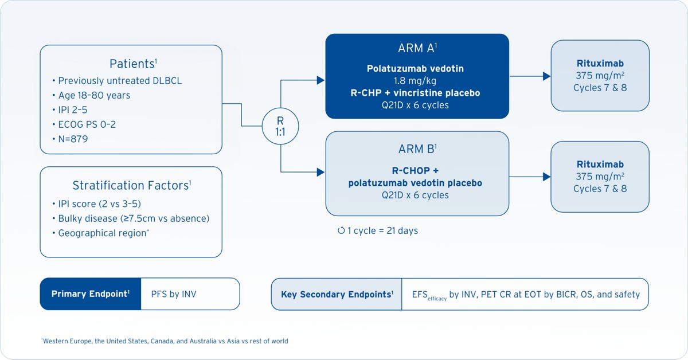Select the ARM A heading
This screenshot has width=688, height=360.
click(417, 48)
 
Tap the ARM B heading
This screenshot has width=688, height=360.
click(417, 149)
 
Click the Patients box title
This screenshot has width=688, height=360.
click(133, 64)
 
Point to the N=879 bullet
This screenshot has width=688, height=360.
click(71, 139)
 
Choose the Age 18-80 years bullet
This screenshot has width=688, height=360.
click(91, 95)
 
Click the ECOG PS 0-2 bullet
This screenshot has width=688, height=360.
click(84, 124)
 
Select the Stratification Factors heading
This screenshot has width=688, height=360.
click(132, 185)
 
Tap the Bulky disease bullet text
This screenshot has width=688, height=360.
click(131, 218)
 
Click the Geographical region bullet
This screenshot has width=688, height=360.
click(101, 233)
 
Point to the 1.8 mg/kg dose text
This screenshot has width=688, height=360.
click(415, 81)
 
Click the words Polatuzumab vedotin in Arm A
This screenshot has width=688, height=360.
click(415, 68)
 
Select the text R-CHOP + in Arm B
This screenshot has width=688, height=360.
click(415, 170)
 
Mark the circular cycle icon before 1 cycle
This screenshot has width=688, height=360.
click(341, 230)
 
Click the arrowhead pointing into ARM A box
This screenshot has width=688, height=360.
click(321, 80)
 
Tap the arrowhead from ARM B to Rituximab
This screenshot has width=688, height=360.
click(547, 177)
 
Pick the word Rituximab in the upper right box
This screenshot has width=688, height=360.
click(600, 63)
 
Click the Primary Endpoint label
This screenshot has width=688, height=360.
click(91, 294)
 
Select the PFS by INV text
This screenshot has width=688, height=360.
click(174, 294)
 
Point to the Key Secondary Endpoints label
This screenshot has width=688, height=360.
click(337, 294)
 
